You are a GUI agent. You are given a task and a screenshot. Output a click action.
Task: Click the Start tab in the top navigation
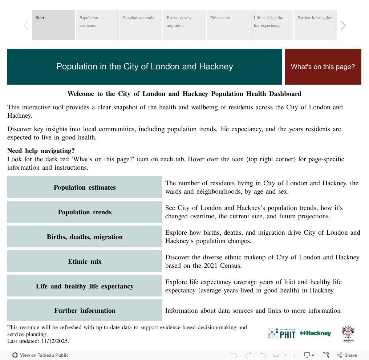(x=54, y=25)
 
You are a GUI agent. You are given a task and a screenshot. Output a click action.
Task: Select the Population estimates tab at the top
(x=97, y=25)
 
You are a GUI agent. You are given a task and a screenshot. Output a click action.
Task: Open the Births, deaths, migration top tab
(x=184, y=25)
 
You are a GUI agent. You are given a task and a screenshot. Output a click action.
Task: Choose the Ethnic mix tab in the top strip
(x=228, y=25)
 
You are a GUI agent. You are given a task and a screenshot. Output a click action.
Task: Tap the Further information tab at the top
(x=315, y=25)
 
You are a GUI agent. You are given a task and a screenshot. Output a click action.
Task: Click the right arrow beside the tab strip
(x=343, y=25)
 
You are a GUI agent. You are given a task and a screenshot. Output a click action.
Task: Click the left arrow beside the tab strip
(x=26, y=25)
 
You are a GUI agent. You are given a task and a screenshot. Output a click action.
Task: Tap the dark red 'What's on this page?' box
(x=323, y=66)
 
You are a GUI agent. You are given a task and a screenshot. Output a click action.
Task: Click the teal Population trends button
(x=85, y=212)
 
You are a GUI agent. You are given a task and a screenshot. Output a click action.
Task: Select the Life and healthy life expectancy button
(x=85, y=286)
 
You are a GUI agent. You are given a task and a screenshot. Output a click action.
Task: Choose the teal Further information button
(x=85, y=311)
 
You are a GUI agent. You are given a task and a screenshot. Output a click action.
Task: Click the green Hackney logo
(x=316, y=333)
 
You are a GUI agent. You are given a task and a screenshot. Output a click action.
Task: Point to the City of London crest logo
(x=348, y=333)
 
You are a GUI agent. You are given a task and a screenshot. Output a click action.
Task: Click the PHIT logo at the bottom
(x=282, y=333)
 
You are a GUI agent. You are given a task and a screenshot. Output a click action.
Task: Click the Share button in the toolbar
(x=347, y=355)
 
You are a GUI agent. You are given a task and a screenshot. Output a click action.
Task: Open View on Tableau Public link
(x=40, y=355)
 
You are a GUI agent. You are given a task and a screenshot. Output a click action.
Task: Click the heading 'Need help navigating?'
(x=41, y=151)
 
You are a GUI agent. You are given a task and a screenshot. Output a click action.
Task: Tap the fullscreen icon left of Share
(x=326, y=355)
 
